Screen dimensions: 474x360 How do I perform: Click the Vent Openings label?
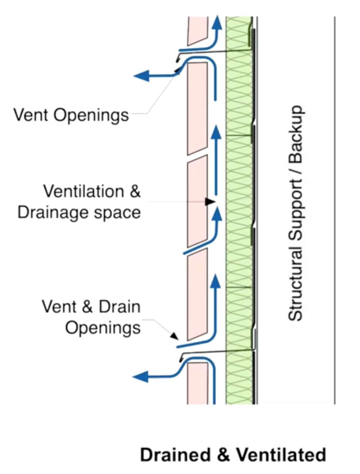pos(71,114)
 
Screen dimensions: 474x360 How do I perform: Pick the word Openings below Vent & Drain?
pos(102,328)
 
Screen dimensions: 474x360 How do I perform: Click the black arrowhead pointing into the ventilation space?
pos(210,202)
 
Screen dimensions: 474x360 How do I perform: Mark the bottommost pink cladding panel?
pos(197,383)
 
